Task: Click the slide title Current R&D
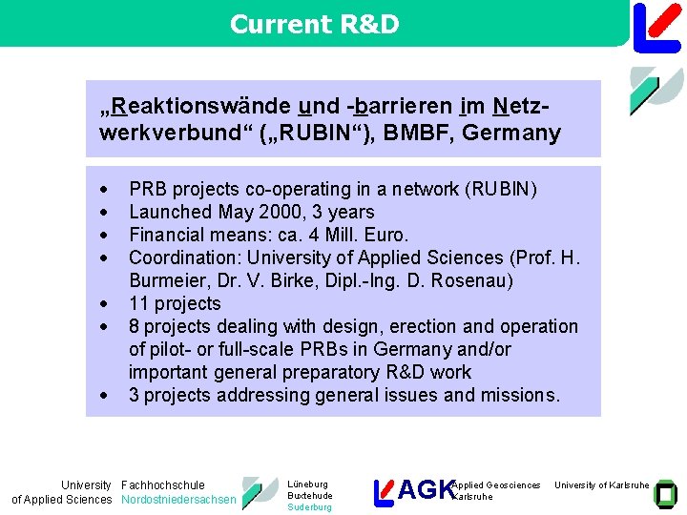[x=314, y=25]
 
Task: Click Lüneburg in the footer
[x=307, y=484]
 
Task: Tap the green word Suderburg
[x=310, y=507]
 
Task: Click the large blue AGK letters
[x=426, y=490]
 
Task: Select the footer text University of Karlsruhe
[x=601, y=485]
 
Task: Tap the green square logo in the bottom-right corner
[x=667, y=492]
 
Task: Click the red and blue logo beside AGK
[x=383, y=491]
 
